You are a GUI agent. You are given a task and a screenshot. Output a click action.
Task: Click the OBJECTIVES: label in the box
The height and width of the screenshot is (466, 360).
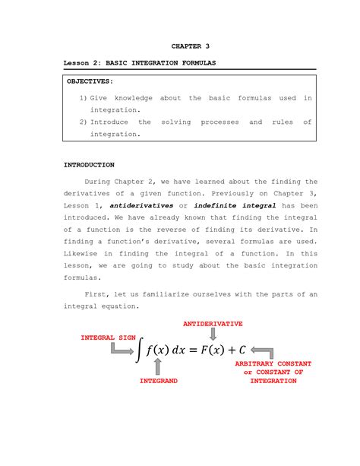coord(90,80)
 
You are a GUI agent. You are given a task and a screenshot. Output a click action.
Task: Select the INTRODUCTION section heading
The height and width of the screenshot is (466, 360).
coord(89,164)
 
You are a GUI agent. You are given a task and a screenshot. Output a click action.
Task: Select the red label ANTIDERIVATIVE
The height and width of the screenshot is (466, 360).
coord(213,323)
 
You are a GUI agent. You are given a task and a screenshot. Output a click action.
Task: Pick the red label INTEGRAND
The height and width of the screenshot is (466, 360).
coord(158,381)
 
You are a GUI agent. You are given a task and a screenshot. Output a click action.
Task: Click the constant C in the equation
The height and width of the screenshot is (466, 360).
coord(242,350)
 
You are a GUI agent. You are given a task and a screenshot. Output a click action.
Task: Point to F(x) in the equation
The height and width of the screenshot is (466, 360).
coord(213,350)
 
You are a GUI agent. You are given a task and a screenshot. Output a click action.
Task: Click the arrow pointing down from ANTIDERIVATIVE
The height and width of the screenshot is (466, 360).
coord(213,334)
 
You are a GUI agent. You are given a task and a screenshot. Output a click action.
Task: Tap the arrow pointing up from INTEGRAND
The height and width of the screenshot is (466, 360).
coord(158,368)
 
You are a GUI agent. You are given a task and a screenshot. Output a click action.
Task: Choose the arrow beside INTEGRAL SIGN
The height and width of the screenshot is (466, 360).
coord(122,348)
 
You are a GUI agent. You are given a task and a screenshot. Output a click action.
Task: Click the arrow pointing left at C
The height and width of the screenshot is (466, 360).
coord(261,350)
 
